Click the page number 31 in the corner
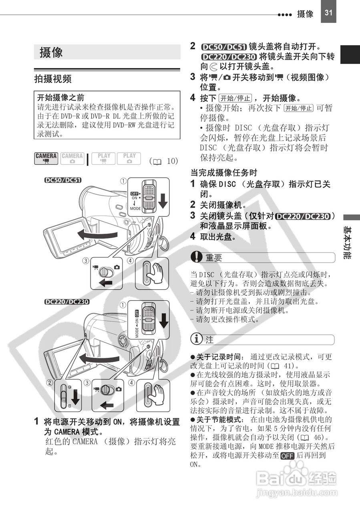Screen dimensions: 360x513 [x=328, y=12]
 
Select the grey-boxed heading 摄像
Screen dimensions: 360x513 [x=51, y=53]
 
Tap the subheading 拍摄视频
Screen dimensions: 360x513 [x=53, y=79]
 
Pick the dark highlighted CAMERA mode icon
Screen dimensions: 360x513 [x=46, y=158]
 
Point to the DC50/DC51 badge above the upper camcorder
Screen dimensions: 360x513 [x=63, y=180]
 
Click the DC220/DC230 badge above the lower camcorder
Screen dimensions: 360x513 [x=66, y=302]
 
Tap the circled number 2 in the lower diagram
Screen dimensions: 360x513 [x=50, y=383]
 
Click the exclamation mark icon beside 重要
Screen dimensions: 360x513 [x=197, y=257]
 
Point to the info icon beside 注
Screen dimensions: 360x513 [x=197, y=339]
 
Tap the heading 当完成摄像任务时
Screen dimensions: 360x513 [x=223, y=173]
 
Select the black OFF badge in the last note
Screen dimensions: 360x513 [x=288, y=456]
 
